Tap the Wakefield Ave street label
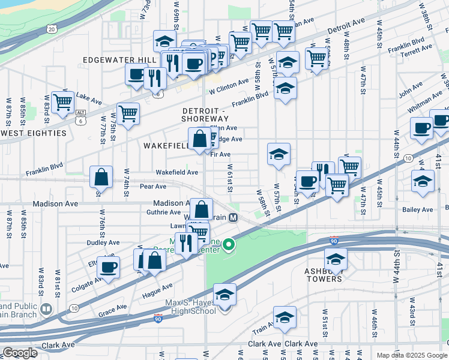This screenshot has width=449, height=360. (x=176, y=172)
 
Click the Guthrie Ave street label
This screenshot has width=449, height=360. (x=163, y=212)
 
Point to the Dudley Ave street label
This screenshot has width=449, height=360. (x=103, y=242)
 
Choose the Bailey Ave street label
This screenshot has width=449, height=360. (x=419, y=209)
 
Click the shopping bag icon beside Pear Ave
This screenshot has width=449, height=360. (x=101, y=177)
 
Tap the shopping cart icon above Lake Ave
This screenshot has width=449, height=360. (x=62, y=102)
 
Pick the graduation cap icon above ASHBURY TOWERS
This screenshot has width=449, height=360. (x=336, y=259)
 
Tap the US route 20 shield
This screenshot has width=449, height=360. (x=52, y=28)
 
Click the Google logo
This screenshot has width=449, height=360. (x=20, y=353)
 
